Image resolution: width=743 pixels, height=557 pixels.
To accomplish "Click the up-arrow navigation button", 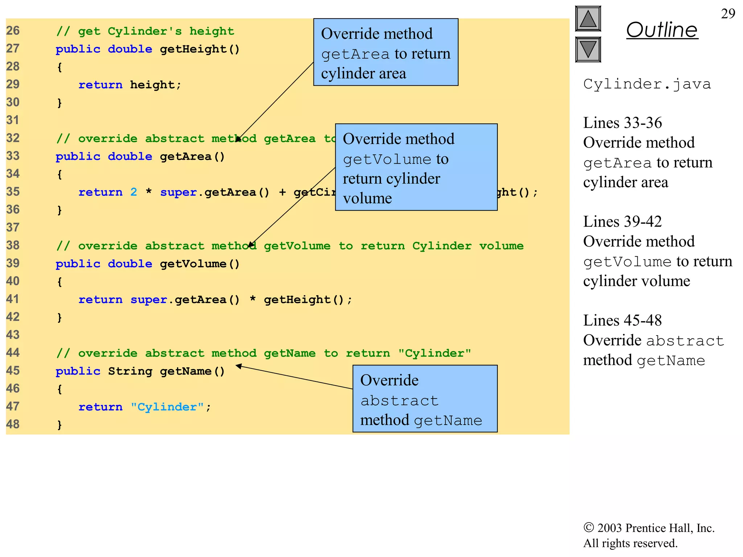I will [x=588, y=19].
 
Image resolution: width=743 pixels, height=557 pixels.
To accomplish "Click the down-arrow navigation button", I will [x=588, y=49].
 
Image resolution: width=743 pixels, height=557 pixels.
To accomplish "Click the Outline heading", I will [x=662, y=30].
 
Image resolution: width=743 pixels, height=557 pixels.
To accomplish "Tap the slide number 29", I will [x=728, y=14].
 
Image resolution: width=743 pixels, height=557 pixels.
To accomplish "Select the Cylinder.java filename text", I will [x=647, y=84].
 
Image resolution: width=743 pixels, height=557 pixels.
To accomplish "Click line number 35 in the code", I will [x=13, y=191].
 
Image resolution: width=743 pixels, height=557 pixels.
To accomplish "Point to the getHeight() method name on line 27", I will [x=200, y=49].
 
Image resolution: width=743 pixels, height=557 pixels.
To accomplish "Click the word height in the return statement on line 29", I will [x=152, y=84].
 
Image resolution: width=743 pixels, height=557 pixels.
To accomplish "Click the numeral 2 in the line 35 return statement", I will [x=134, y=192].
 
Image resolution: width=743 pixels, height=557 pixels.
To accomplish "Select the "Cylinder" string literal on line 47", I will [x=167, y=407].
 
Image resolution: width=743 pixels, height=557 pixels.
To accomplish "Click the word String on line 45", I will [x=130, y=371].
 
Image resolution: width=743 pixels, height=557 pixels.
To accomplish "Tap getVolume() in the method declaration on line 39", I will [x=200, y=264].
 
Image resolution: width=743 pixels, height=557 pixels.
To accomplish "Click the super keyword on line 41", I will [x=149, y=300].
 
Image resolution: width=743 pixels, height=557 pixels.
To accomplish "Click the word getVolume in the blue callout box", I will [x=387, y=160].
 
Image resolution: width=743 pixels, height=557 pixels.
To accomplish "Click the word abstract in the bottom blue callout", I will [x=399, y=401].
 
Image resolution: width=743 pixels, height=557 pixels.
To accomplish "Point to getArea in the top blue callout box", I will [x=355, y=54].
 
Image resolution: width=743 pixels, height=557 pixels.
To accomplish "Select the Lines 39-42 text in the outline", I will [x=622, y=222].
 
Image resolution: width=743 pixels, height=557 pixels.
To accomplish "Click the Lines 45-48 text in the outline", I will [x=622, y=321].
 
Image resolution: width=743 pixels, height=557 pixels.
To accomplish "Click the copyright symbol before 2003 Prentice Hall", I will [x=588, y=527].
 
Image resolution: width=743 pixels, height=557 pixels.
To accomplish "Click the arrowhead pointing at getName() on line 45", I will [x=239, y=366].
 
